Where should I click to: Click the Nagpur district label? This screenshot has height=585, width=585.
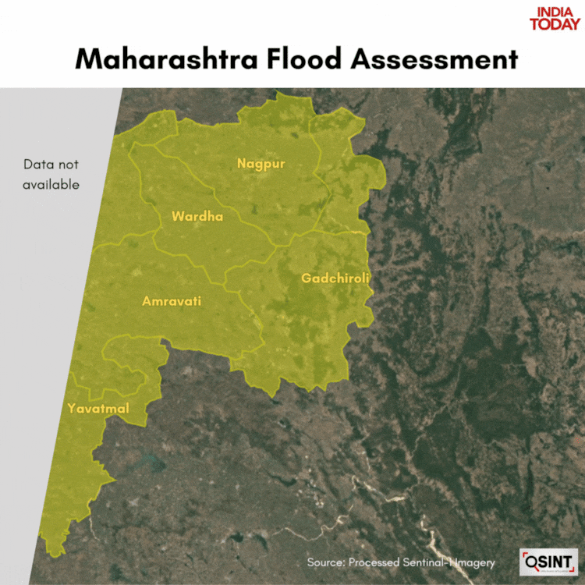coord(261,164)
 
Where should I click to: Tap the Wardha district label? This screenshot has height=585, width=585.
coord(197,216)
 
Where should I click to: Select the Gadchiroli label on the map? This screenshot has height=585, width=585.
coord(335,278)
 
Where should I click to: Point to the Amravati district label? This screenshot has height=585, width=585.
coord(172,300)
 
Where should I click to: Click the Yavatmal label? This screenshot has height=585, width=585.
coord(98,409)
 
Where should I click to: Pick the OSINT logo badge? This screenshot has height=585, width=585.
coord(549,562)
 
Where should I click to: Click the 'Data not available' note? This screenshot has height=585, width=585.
coord(51,175)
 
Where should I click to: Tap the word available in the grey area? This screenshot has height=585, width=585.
coord(51,185)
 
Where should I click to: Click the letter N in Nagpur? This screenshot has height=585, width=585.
coord(242,164)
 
